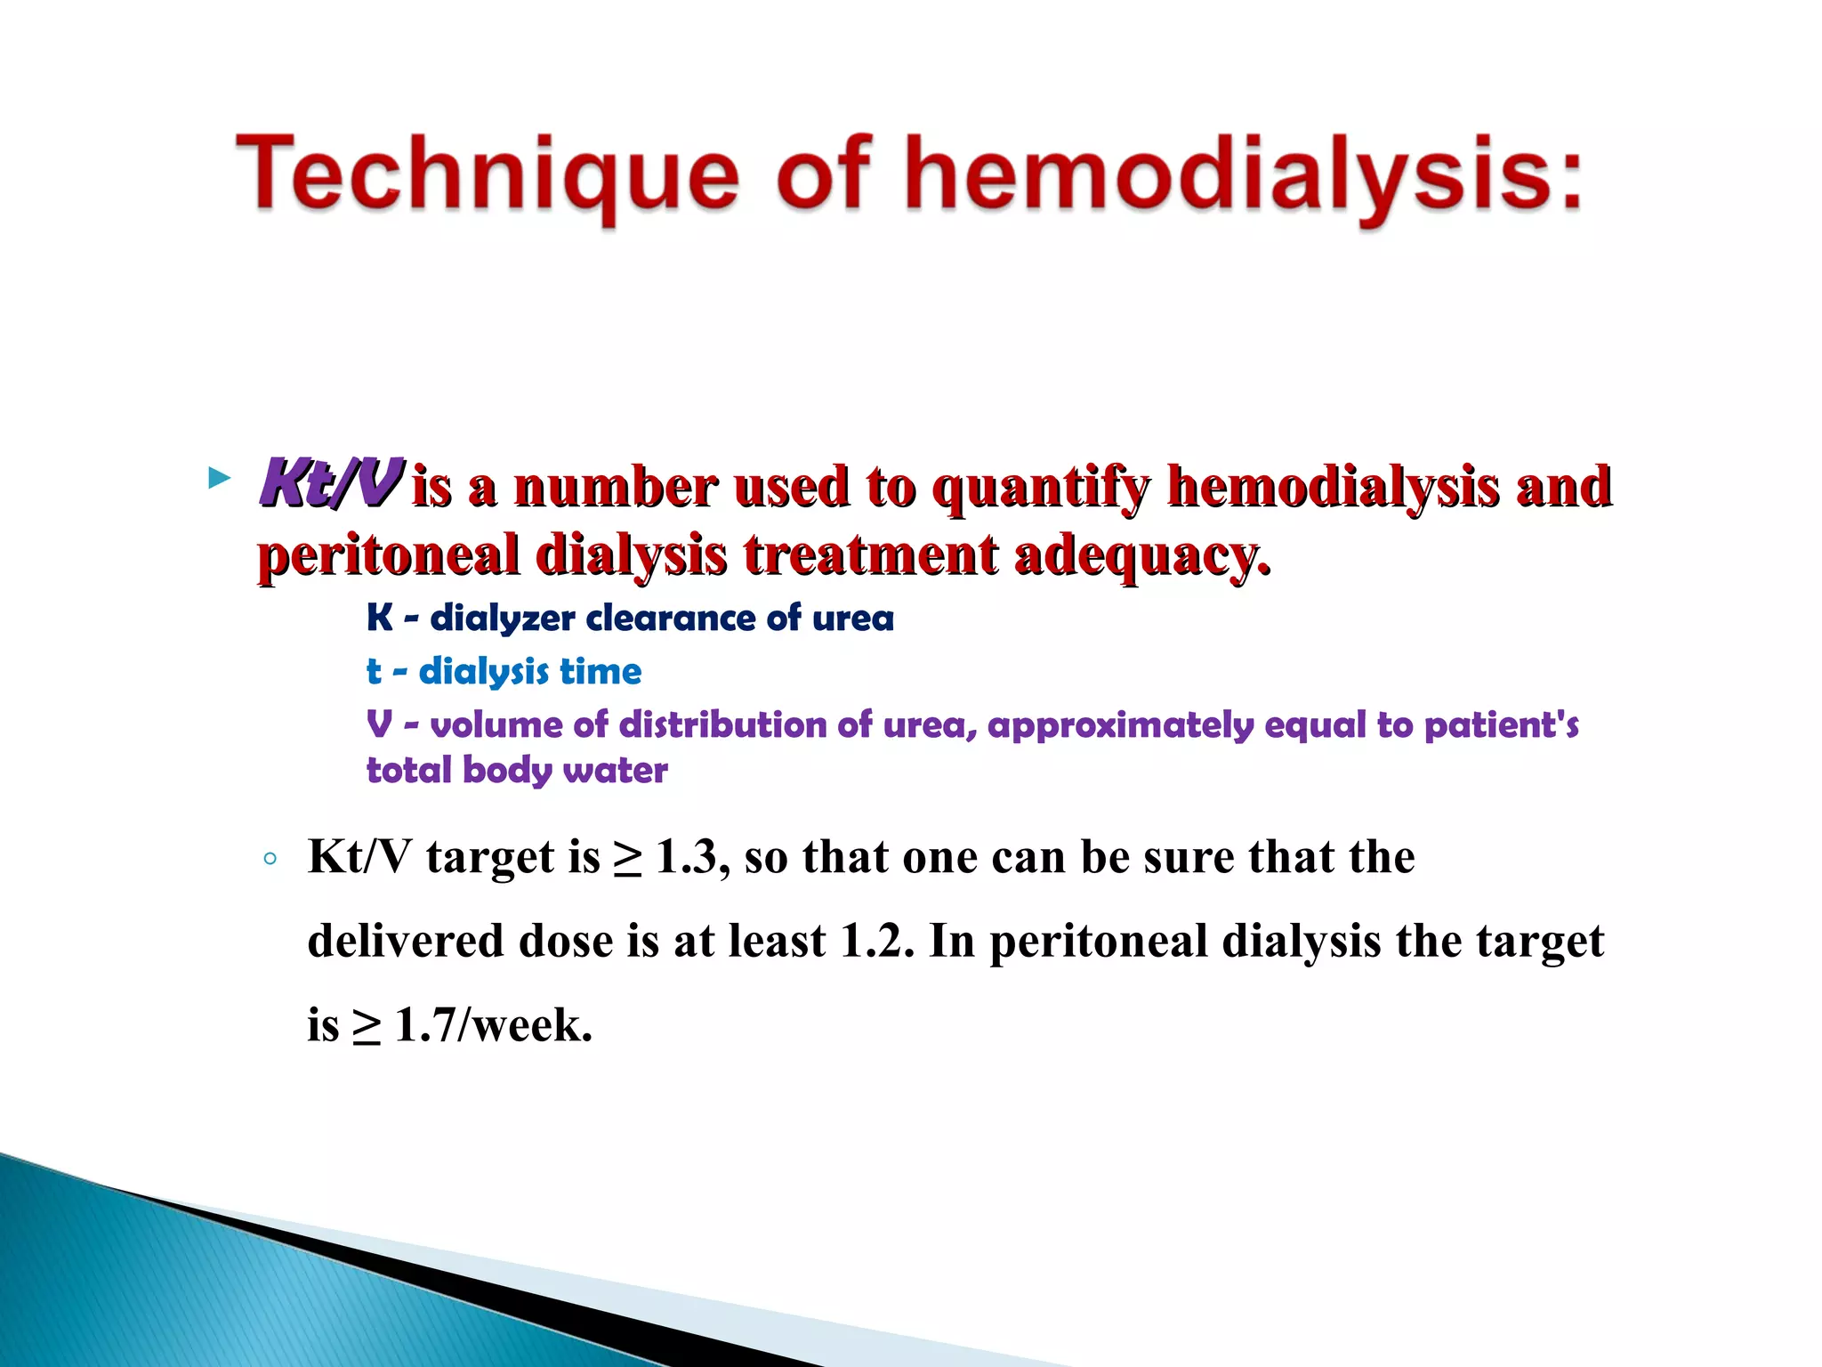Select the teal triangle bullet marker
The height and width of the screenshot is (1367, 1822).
click(218, 479)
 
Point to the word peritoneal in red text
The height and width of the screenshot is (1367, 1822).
click(388, 556)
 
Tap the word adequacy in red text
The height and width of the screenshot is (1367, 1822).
click(1141, 556)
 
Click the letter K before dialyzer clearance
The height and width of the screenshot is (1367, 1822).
click(379, 618)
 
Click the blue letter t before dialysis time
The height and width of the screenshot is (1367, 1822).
click(374, 671)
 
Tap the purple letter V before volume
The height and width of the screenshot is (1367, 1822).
click(379, 724)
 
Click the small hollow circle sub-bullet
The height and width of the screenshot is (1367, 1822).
click(270, 860)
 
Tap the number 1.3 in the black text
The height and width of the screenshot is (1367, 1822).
click(686, 858)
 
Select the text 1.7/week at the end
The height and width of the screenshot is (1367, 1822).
click(493, 1025)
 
